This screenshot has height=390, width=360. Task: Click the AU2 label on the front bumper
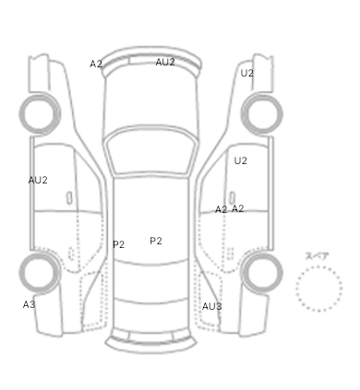click(x=165, y=62)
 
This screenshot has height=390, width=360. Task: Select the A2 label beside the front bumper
click(x=96, y=64)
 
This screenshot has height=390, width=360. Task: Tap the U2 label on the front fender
click(x=246, y=73)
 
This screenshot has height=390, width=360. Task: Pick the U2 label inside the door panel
click(x=240, y=160)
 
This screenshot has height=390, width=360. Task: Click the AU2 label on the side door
click(x=38, y=181)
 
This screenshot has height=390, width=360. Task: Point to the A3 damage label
click(x=29, y=304)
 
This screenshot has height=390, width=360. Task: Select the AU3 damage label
click(x=211, y=306)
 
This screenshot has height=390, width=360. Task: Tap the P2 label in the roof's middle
click(x=156, y=241)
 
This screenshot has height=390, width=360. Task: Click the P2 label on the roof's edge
click(x=118, y=244)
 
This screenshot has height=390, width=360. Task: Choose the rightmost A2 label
click(x=237, y=209)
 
